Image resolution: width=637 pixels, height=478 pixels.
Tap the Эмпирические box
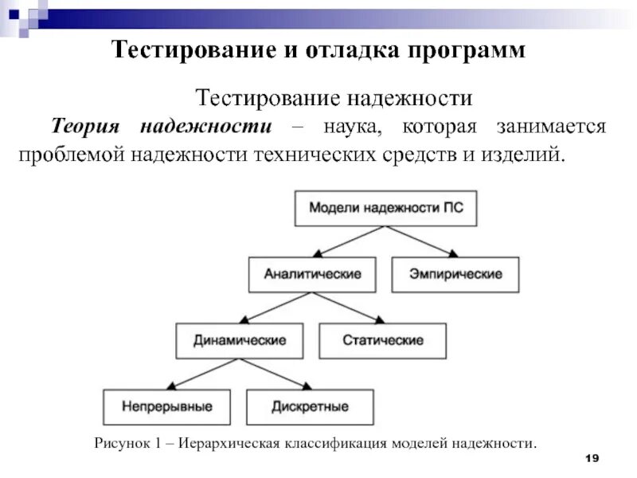coord(455,274)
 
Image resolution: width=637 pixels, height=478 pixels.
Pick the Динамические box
coord(240,340)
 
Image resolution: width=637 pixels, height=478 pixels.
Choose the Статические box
coord(383,340)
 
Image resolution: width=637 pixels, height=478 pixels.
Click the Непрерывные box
coord(167,406)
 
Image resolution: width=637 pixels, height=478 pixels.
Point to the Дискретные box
coord(311,406)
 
